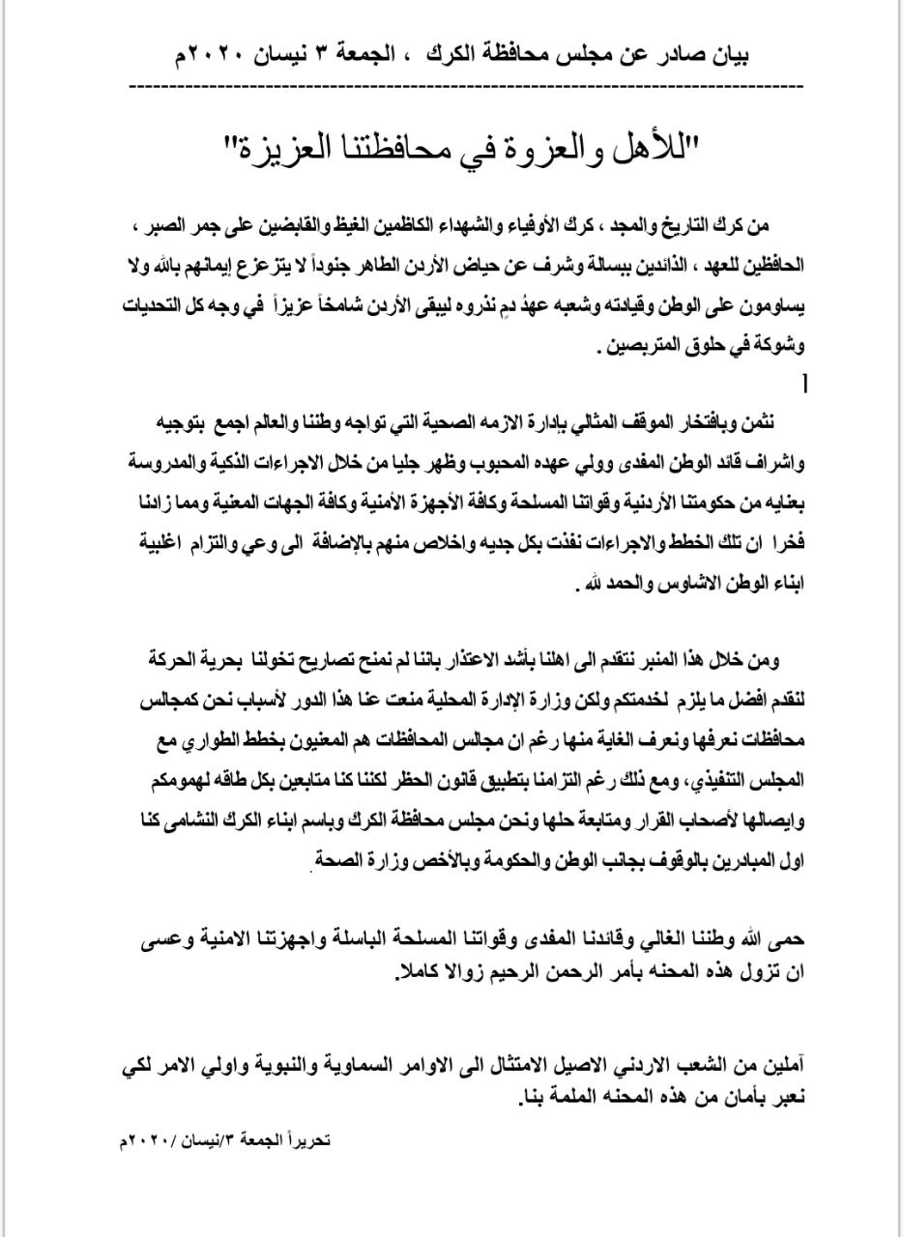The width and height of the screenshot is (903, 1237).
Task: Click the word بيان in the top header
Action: coord(726,54)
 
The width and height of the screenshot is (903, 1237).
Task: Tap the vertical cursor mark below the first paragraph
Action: coord(802,384)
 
